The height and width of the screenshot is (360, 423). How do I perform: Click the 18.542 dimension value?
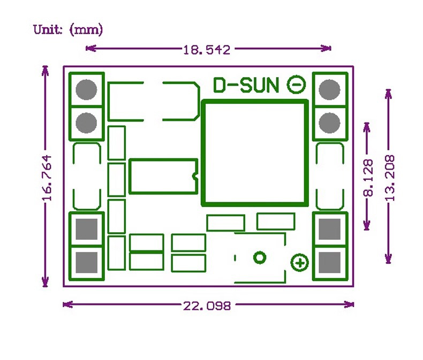[x=207, y=50]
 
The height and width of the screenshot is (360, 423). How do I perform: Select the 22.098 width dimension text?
[x=207, y=306]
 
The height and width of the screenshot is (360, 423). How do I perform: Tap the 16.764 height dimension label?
[x=47, y=178]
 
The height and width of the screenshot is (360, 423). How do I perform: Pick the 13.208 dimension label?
[x=390, y=178]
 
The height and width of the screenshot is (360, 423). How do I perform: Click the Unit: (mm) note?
[x=67, y=29]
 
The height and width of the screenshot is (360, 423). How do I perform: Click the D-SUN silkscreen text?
[x=246, y=85]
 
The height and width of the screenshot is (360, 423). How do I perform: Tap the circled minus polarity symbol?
[x=297, y=85]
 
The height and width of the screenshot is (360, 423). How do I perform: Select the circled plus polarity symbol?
[x=300, y=263]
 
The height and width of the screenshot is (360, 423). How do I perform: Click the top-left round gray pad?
[x=86, y=89]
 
